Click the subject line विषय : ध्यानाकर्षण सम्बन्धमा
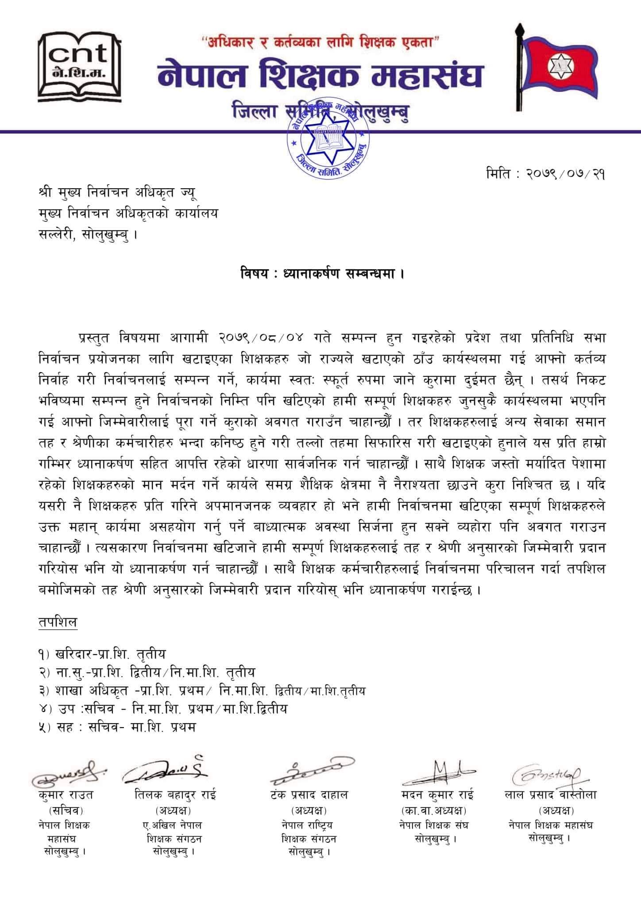coord(320,274)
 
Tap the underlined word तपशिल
coord(58,622)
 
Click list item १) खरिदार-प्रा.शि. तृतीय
coord(102,654)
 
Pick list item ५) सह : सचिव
coord(117,727)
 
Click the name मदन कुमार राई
coord(436,795)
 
